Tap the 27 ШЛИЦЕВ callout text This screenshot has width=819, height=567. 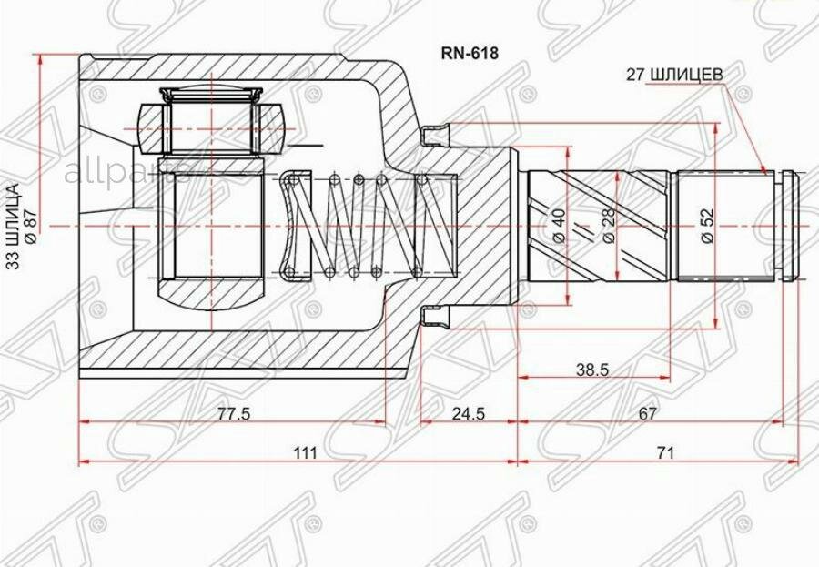[675, 76]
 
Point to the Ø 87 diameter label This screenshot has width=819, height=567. [31, 226]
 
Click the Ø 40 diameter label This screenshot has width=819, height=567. [559, 226]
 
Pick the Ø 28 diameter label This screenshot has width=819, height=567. [609, 226]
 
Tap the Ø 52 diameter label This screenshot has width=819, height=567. [708, 226]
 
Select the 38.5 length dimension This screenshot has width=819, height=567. [592, 370]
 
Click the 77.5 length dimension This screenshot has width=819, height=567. [234, 414]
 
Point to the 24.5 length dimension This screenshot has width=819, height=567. [468, 414]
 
